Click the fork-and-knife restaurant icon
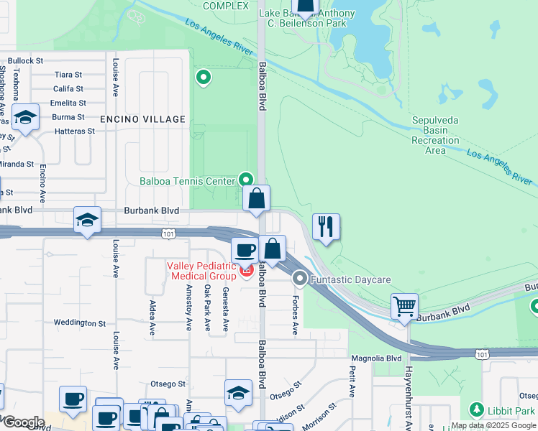click(x=326, y=227)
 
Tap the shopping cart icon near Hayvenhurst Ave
click(x=404, y=306)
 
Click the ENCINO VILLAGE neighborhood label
click(x=142, y=119)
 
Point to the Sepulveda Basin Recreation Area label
click(x=435, y=135)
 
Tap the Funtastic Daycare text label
click(x=352, y=279)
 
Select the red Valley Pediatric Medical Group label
click(x=201, y=271)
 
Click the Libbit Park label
click(x=511, y=411)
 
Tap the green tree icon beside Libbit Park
click(x=476, y=409)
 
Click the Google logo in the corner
click(x=23, y=422)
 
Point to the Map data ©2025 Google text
click(x=493, y=426)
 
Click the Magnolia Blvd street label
click(x=375, y=358)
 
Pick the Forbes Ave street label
click(x=295, y=315)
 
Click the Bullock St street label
click(x=26, y=61)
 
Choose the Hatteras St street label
click(x=75, y=131)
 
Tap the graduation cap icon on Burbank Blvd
click(x=86, y=221)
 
